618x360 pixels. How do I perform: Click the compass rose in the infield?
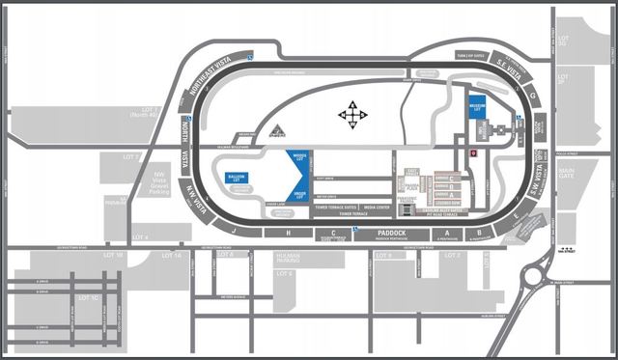click(x=352, y=116)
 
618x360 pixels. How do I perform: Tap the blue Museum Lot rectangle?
click(x=476, y=107)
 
